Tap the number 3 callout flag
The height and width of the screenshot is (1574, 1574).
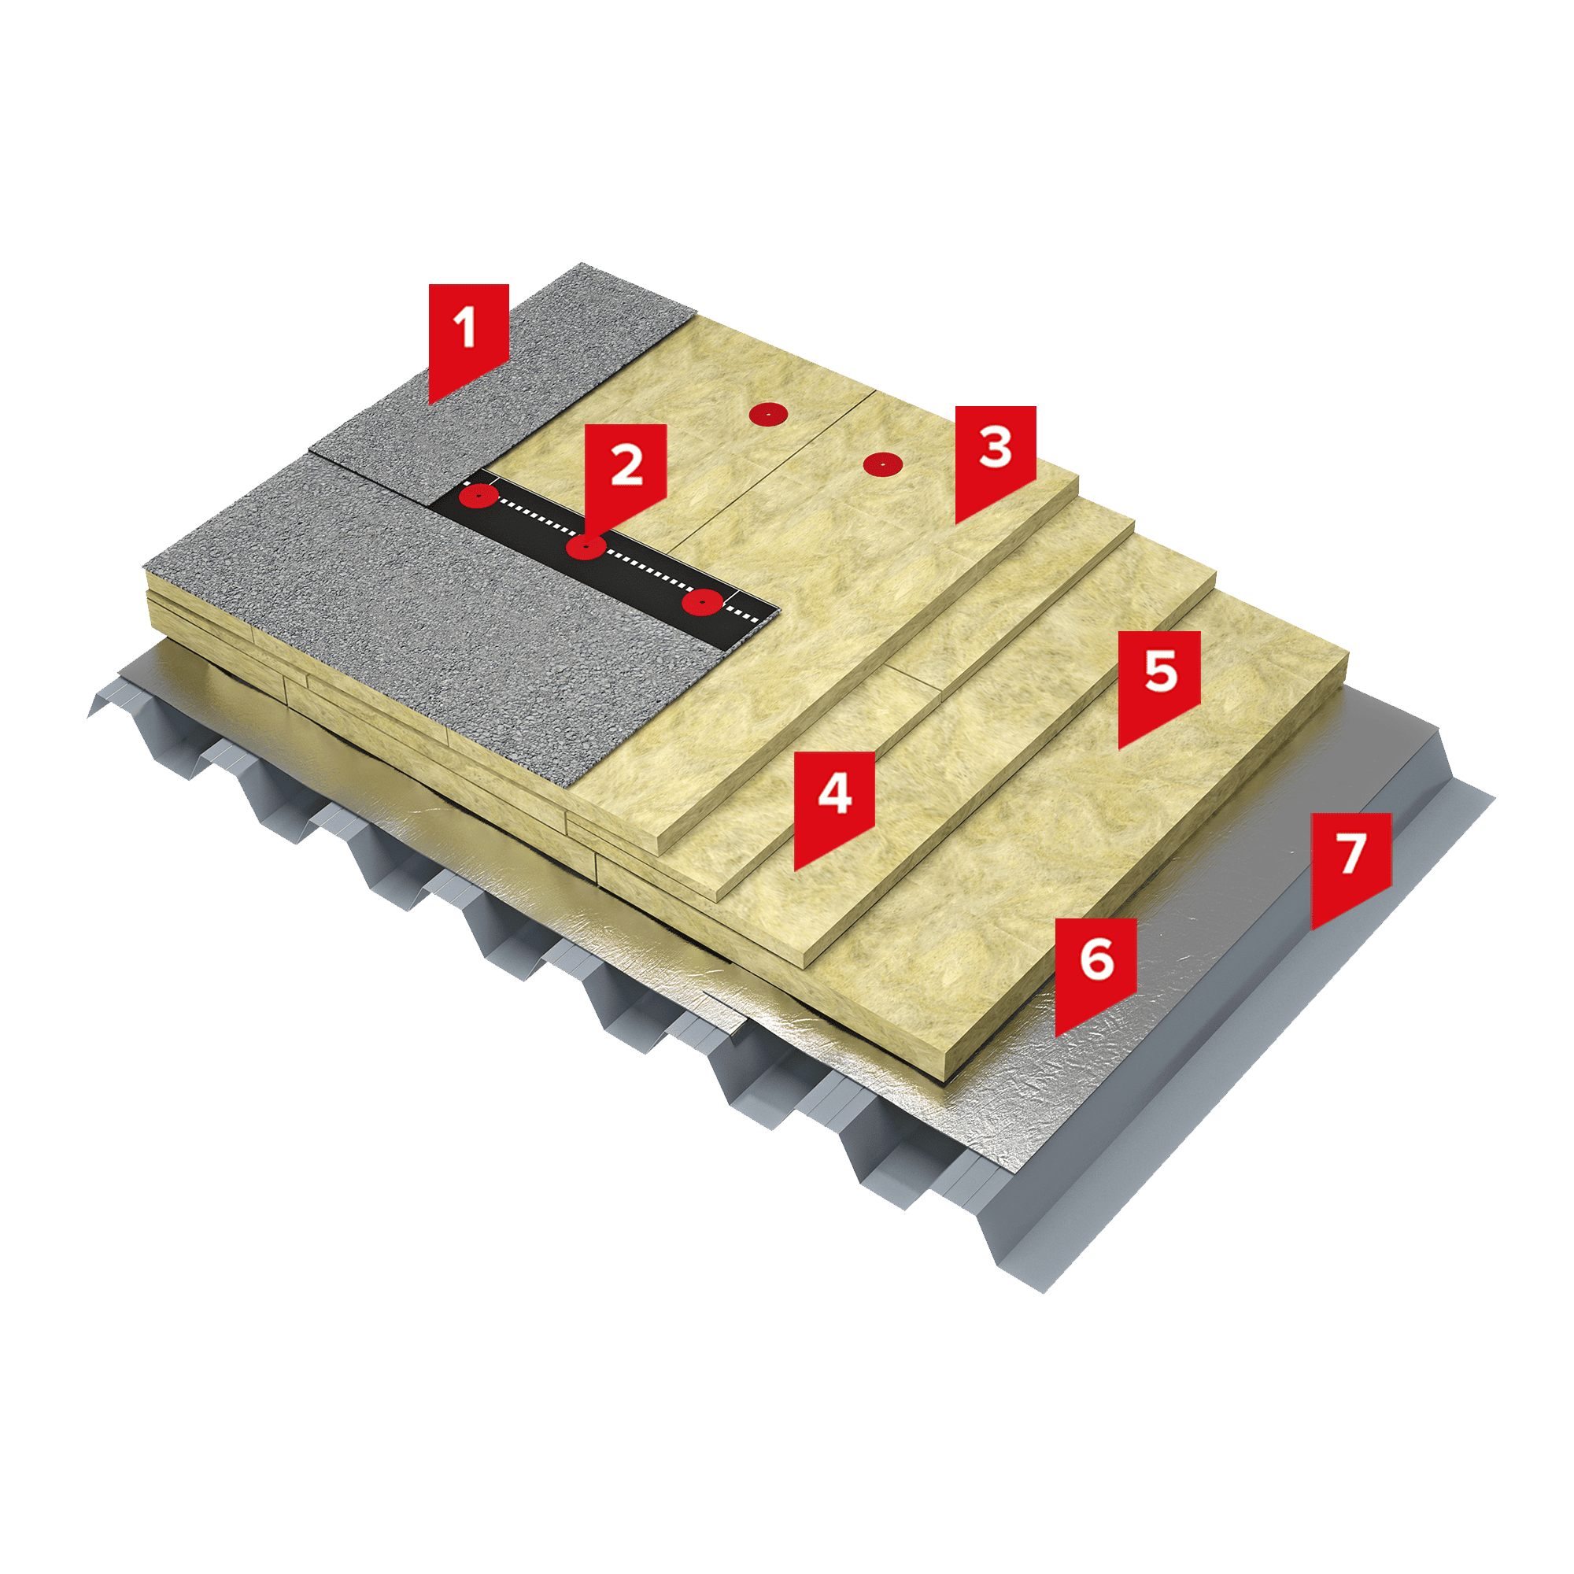coord(996,456)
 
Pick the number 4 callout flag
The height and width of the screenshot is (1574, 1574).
coord(834,803)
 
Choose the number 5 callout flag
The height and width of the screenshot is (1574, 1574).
coord(1158,681)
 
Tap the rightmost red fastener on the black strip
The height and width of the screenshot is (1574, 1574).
coord(701,603)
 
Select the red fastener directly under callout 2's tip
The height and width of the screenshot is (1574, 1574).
coord(586,548)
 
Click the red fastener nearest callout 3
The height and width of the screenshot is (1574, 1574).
coord(883,464)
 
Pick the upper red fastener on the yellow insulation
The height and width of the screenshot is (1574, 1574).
coord(768,415)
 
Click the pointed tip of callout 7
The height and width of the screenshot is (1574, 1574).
coord(1312,930)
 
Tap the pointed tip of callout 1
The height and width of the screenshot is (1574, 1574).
coord(430,404)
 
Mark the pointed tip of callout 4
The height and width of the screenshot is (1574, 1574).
coord(794,871)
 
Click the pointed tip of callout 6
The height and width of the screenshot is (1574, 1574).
coord(1056,1037)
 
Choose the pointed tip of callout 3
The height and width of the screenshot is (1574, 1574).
coord(955,524)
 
